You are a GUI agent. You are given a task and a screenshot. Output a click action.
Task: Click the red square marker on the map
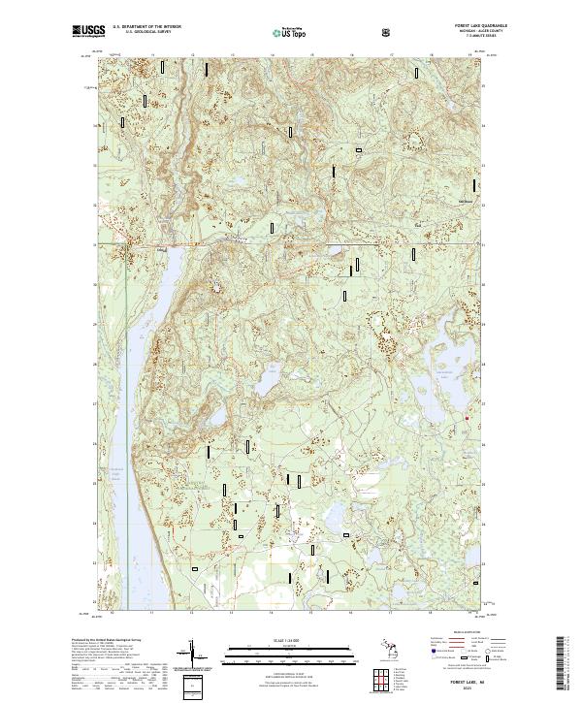click(x=467, y=418)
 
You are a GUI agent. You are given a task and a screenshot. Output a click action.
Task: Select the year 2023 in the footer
click(x=455, y=690)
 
